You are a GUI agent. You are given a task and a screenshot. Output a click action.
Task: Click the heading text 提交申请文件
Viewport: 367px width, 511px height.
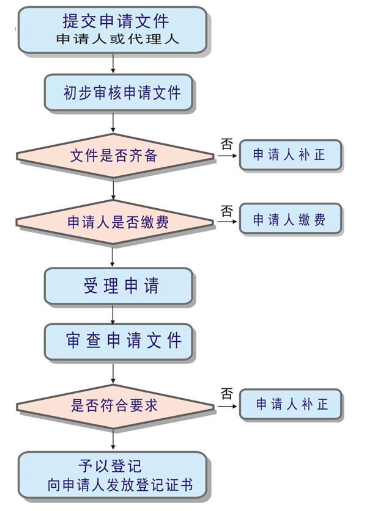point(115,21)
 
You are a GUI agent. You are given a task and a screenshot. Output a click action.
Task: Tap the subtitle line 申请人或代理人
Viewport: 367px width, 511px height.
point(115,40)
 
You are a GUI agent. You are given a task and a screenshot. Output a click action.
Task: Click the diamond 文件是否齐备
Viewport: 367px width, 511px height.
point(114,156)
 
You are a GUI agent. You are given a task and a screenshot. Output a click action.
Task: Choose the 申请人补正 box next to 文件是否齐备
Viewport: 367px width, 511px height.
point(289,155)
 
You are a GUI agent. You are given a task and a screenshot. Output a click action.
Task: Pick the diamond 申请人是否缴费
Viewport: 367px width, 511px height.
point(114,222)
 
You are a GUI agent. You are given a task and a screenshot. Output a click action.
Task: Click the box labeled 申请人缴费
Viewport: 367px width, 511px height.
point(289,220)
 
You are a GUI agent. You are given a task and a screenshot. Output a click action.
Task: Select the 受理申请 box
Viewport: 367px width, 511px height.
point(119,286)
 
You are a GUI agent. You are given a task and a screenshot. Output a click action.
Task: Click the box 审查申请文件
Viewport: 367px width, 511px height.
point(119,341)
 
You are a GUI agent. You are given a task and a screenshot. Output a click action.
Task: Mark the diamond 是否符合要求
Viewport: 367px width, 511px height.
point(114,405)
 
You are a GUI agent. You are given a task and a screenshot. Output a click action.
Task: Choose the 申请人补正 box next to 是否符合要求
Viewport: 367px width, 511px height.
point(291,404)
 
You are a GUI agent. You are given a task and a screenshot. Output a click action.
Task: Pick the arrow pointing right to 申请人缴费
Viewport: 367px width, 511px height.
point(226,222)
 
